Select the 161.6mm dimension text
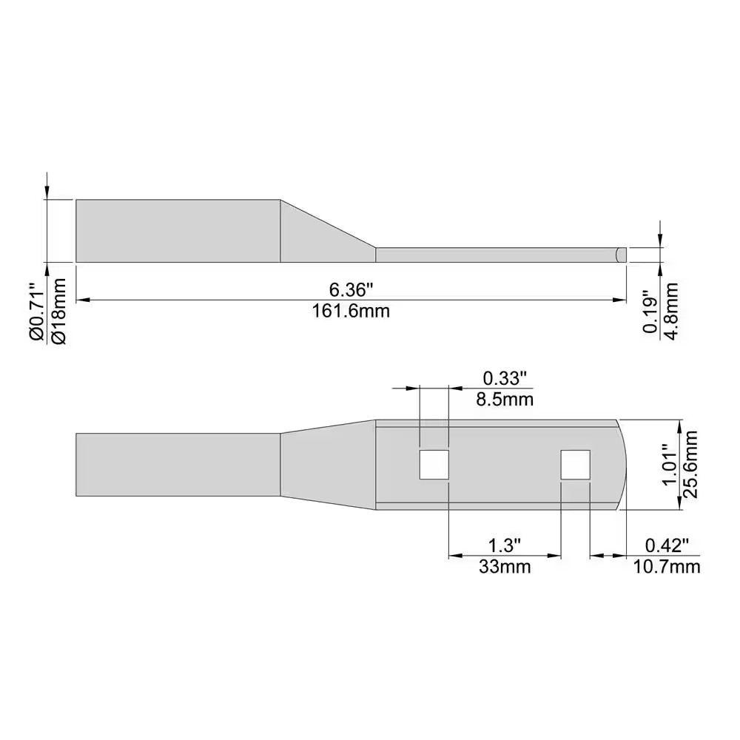coord(350,312)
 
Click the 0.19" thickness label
coord(650,312)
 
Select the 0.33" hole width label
coord(505,378)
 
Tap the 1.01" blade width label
coord(669,465)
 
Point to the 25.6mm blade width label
coord(693,465)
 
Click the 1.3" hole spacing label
coord(505,545)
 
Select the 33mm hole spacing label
coord(505,568)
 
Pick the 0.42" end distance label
coord(667,545)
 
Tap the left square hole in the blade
coord(434,465)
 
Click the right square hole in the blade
coord(575,465)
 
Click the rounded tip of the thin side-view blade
coord(622,255)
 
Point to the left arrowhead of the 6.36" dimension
coord(82,300)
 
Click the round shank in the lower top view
coord(178,465)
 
